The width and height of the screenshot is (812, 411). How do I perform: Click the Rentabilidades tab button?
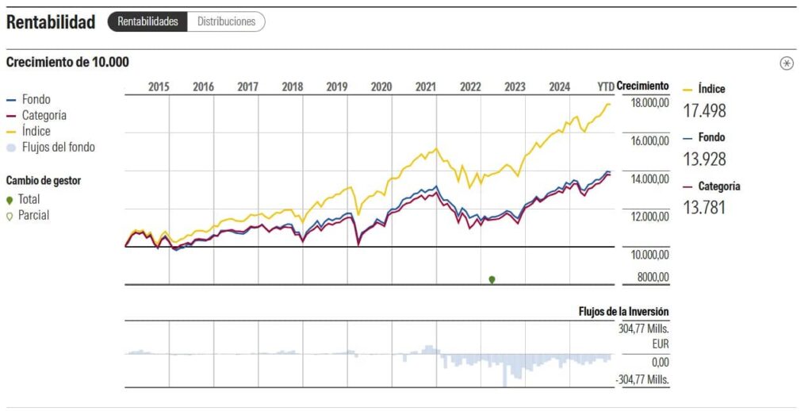point(147,21)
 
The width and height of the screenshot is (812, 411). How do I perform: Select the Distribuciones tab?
point(226,21)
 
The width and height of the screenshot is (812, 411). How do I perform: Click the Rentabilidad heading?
point(51,21)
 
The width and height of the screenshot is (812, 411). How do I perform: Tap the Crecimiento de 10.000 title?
point(67,62)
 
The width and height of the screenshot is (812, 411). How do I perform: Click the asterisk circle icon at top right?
point(787,63)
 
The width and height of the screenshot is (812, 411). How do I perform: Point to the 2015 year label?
point(159,86)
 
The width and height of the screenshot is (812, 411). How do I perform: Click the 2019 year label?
point(336,86)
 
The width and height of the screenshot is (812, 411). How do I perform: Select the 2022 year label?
point(470,86)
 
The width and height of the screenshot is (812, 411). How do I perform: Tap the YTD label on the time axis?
point(605,86)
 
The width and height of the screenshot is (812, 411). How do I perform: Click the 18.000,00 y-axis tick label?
point(650,102)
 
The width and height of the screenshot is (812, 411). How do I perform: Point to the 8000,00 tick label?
point(653,277)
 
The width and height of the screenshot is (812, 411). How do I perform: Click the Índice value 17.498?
point(704,110)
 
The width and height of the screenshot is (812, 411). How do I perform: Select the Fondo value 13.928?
point(704,159)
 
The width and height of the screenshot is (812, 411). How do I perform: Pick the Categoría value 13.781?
point(704,207)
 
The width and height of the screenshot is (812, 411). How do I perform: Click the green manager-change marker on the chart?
point(492,279)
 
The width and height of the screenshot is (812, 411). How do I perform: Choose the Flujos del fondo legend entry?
point(51,148)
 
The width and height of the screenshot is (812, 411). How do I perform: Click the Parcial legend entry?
point(28,215)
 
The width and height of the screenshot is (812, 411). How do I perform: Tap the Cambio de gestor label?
point(44,181)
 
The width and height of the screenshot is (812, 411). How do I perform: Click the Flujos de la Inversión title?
point(623,312)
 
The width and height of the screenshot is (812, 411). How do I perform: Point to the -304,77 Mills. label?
point(642,379)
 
